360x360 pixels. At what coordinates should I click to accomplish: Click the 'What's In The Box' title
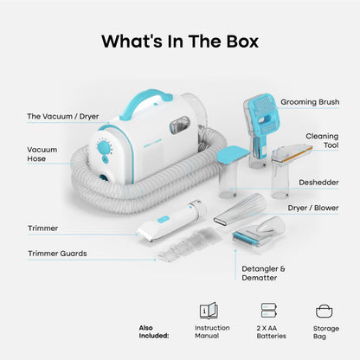click(180, 42)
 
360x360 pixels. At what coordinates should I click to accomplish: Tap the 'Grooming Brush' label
click(310, 102)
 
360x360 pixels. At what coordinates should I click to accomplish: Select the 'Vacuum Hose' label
click(42, 154)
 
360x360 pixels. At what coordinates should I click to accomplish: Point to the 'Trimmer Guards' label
click(57, 254)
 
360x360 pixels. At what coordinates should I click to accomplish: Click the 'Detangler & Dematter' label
click(263, 273)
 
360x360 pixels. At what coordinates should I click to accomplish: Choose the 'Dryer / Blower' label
click(313, 208)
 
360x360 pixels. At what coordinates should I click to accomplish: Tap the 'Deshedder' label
click(318, 183)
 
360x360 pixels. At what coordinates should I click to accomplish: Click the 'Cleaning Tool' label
click(322, 140)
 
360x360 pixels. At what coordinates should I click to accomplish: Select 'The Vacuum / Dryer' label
click(63, 117)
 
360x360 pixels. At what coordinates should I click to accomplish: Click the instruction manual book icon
click(209, 311)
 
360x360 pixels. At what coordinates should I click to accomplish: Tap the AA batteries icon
click(268, 311)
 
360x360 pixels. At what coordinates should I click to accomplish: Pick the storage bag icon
click(325, 312)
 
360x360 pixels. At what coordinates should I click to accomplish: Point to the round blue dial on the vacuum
click(103, 148)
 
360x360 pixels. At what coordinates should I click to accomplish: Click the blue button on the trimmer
click(164, 220)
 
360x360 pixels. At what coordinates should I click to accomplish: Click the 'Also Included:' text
click(154, 331)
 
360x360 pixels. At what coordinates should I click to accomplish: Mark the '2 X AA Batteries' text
click(271, 332)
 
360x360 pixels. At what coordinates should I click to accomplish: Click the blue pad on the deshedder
click(233, 154)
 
